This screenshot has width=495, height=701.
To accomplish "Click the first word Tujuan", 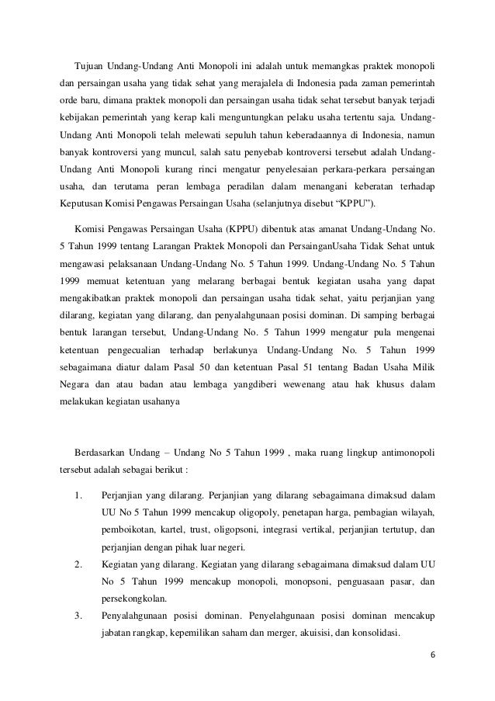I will [x=90, y=61].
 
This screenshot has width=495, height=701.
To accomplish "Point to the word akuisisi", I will [x=314, y=637].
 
